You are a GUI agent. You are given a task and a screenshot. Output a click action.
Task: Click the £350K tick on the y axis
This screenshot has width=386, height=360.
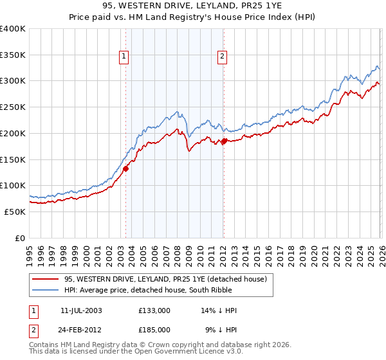point(13,55)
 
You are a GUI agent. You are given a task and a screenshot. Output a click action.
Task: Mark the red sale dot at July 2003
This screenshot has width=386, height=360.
point(126,168)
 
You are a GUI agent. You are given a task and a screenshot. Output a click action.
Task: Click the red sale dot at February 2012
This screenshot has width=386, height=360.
point(224,141)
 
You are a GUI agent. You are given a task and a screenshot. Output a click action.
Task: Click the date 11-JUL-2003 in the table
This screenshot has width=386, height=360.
point(82,310)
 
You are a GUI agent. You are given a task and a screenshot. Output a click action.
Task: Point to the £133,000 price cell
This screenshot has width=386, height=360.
point(154,310)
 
